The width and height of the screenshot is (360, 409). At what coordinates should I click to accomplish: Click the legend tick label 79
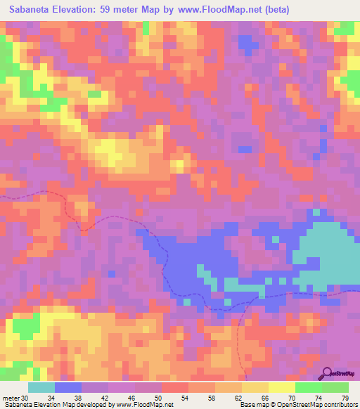[345, 397]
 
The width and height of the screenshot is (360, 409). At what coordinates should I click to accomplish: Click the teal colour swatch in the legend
[41, 387]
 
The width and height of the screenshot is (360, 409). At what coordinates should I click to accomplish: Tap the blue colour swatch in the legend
[68, 387]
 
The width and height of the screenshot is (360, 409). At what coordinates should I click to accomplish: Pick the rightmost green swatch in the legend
[335, 387]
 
